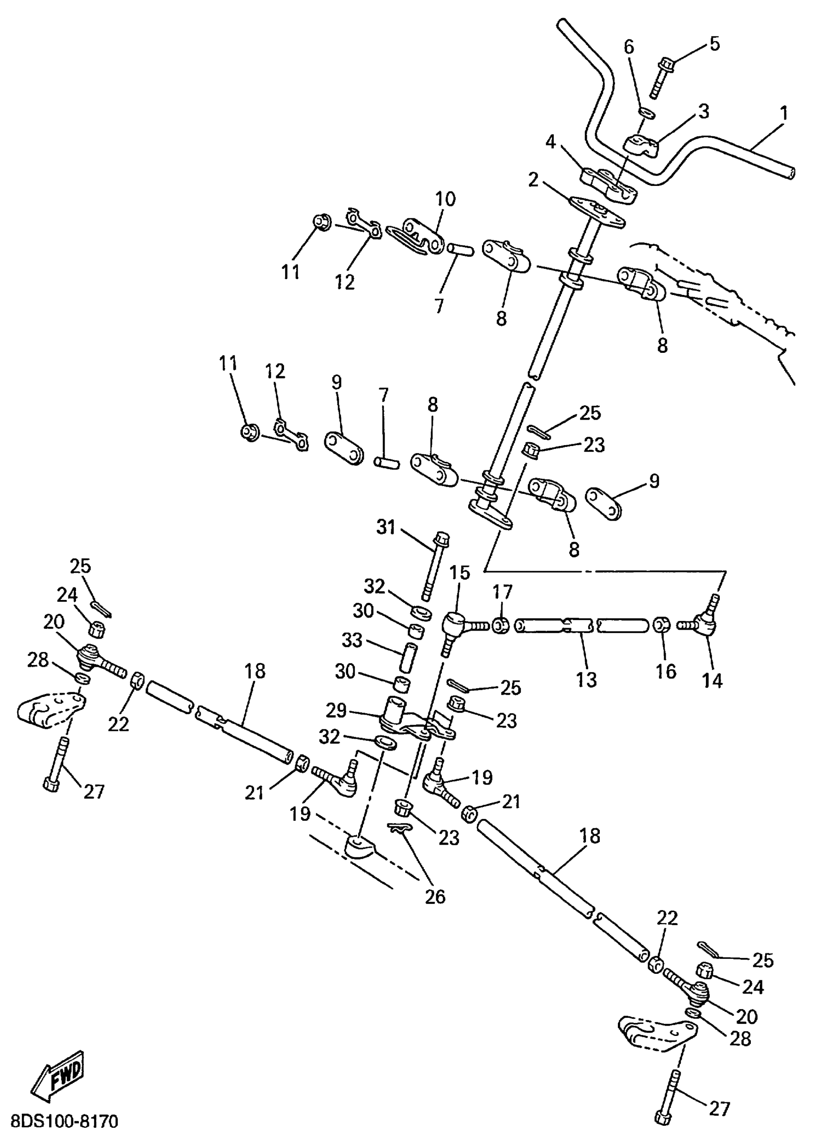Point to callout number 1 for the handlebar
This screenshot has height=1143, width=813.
tap(783, 113)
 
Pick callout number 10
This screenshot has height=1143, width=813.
tap(445, 199)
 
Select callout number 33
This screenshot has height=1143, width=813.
tap(352, 640)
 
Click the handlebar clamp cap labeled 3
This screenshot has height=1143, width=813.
tap(641, 145)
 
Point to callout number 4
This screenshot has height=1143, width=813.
tap(550, 142)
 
